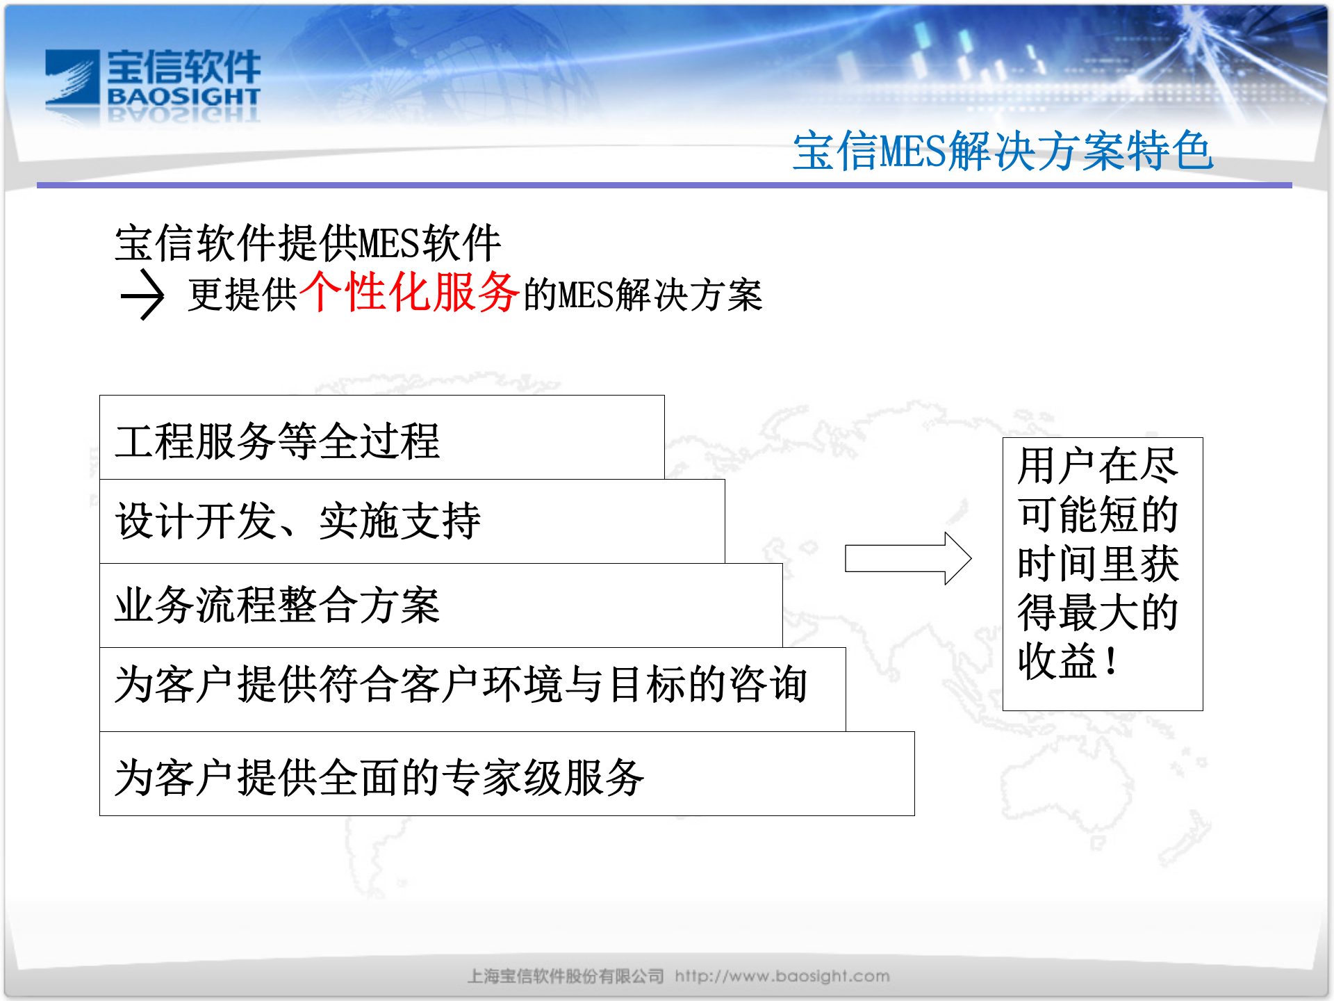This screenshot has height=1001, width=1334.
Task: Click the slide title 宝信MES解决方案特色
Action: [x=1003, y=151]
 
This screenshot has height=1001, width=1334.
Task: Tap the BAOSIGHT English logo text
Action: [x=183, y=97]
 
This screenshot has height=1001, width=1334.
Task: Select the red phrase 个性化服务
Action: [x=410, y=292]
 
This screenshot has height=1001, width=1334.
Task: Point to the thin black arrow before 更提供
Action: [x=142, y=295]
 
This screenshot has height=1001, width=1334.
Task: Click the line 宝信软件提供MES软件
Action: [x=307, y=243]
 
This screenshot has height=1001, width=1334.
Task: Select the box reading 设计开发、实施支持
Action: [x=411, y=521]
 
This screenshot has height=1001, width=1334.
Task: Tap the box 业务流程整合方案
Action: [x=440, y=605]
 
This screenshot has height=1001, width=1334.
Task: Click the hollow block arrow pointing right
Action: [x=907, y=558]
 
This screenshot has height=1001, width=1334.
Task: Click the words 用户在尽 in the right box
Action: [x=1097, y=465]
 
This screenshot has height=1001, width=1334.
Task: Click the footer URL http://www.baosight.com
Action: [x=782, y=976]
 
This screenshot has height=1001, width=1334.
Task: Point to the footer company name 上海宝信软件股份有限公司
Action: [x=565, y=976]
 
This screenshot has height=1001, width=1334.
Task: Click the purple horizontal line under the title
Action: [x=664, y=186]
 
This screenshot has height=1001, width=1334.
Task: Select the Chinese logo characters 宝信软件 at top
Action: [x=183, y=67]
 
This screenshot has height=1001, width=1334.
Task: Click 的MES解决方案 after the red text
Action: [x=642, y=295]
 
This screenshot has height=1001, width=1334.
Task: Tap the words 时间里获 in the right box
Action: [x=1097, y=563]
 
